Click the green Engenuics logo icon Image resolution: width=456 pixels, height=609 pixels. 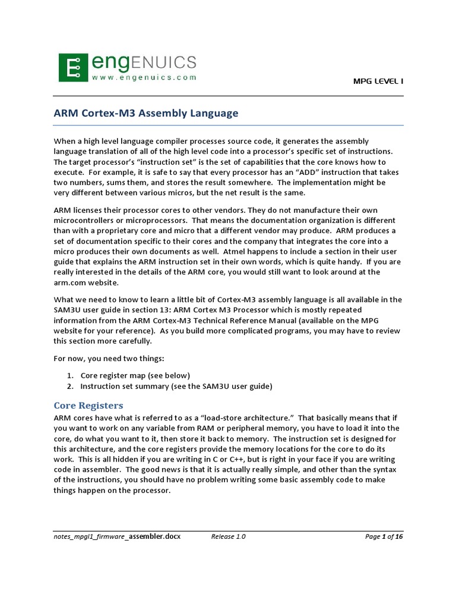coord(72,67)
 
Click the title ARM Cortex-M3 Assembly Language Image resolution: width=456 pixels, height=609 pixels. coord(146,112)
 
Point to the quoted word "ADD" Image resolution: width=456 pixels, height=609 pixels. coord(300,172)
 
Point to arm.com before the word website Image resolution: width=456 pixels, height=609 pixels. coord(71,281)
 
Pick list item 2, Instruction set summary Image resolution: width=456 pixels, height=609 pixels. coord(176,386)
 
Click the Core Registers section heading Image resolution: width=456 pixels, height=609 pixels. coord(88,406)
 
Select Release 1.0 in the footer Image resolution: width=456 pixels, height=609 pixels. coord(229,536)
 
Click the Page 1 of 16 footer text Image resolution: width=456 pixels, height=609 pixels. coord(384,536)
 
